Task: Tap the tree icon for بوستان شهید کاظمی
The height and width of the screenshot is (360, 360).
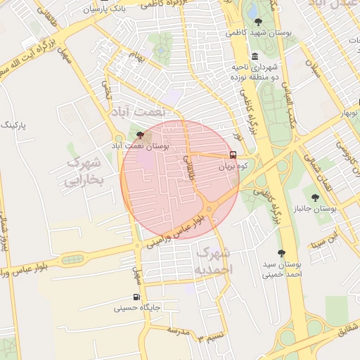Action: [x=259, y=22]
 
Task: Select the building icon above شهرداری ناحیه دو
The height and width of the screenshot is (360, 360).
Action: [x=254, y=56]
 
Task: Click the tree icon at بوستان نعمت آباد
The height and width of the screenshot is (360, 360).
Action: [x=140, y=134]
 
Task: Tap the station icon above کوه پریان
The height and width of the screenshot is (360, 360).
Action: [x=233, y=155]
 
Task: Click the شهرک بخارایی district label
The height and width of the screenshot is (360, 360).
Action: [x=84, y=172]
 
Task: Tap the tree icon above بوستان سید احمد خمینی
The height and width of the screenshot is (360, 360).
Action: [x=282, y=252]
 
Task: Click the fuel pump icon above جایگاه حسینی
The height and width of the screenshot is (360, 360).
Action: [x=136, y=297]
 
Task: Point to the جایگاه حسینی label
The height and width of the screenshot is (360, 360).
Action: [x=138, y=308]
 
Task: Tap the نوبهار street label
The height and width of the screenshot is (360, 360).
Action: [x=349, y=113]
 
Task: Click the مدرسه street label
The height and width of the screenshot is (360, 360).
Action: [x=178, y=330]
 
